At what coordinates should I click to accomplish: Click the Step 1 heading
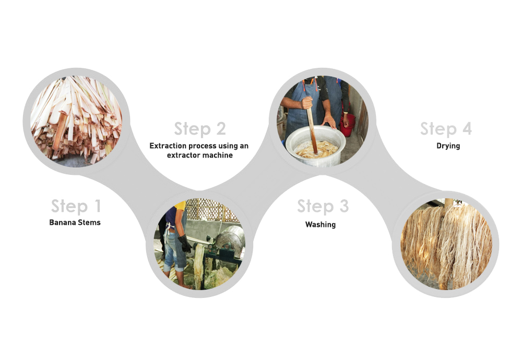pyautogui.click(x=76, y=206)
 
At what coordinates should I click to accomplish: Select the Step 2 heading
pyautogui.click(x=200, y=129)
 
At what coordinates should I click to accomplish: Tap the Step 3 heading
pyautogui.click(x=323, y=206)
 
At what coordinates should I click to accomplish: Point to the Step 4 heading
pyautogui.click(x=446, y=129)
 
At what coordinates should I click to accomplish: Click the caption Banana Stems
pyautogui.click(x=75, y=222)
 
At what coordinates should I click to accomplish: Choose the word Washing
pyautogui.click(x=321, y=224)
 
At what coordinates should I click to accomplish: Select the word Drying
pyautogui.click(x=448, y=146)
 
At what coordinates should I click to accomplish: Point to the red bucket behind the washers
pyautogui.click(x=348, y=125)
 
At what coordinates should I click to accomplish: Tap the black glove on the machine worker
pyautogui.click(x=184, y=244)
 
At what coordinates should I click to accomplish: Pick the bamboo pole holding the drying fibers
pyautogui.click(x=449, y=202)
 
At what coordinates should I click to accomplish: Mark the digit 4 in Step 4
pyautogui.click(x=467, y=128)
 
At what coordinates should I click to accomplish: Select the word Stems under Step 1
pyautogui.click(x=88, y=222)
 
